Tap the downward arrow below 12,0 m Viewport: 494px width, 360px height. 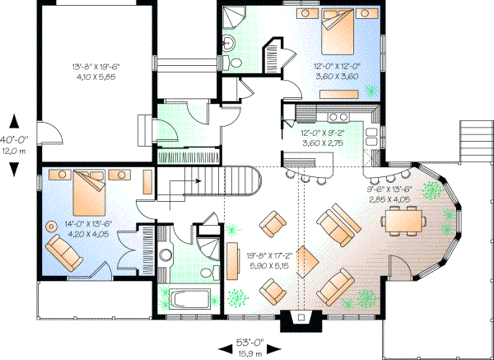pyautogui.click(x=14, y=169)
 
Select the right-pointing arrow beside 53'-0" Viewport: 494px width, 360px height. pyautogui.click(x=279, y=344)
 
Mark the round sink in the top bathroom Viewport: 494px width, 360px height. pyautogui.click(x=231, y=43)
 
